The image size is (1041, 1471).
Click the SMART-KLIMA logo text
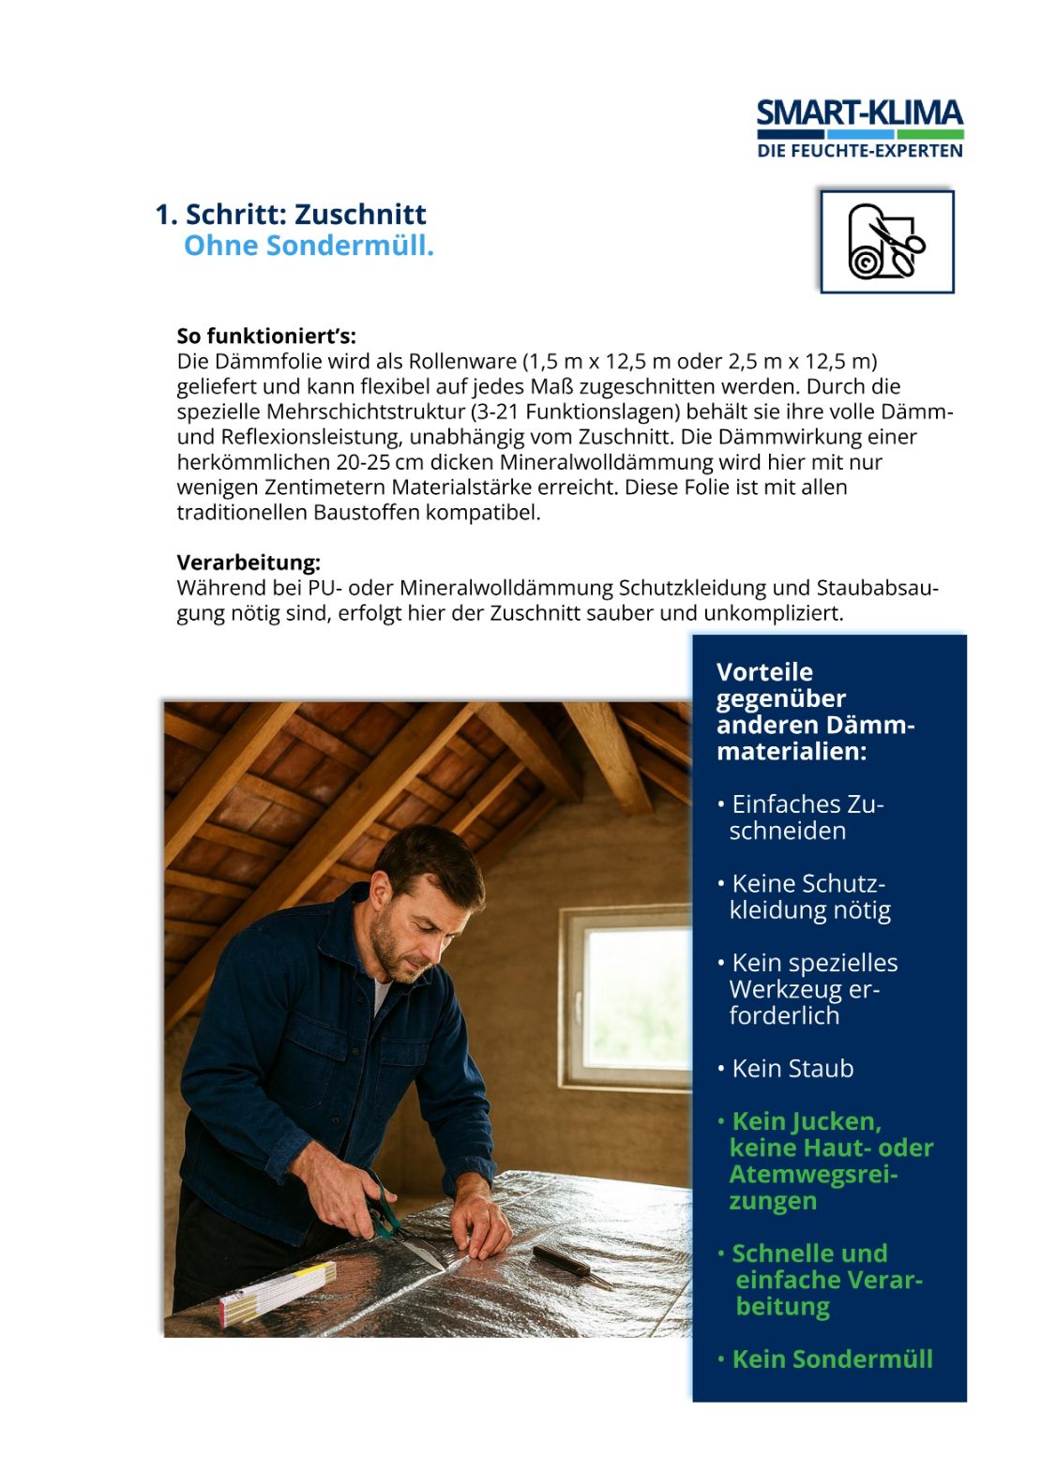pos(859,113)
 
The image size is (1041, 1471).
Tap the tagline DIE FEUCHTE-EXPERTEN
pos(859,150)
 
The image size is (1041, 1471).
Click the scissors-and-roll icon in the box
pos(886,242)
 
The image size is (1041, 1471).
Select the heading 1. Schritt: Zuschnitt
pos(291,215)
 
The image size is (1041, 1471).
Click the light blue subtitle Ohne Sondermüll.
pos(309,246)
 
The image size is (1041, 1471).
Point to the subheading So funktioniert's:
pos(266,336)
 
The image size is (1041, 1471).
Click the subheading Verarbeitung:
pos(249,563)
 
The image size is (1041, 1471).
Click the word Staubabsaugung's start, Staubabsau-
pos(877,588)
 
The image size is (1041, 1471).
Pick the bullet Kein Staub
pos(792,1069)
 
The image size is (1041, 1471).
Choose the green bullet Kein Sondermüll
pos(832,1359)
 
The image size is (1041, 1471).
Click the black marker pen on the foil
pos(562,1261)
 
